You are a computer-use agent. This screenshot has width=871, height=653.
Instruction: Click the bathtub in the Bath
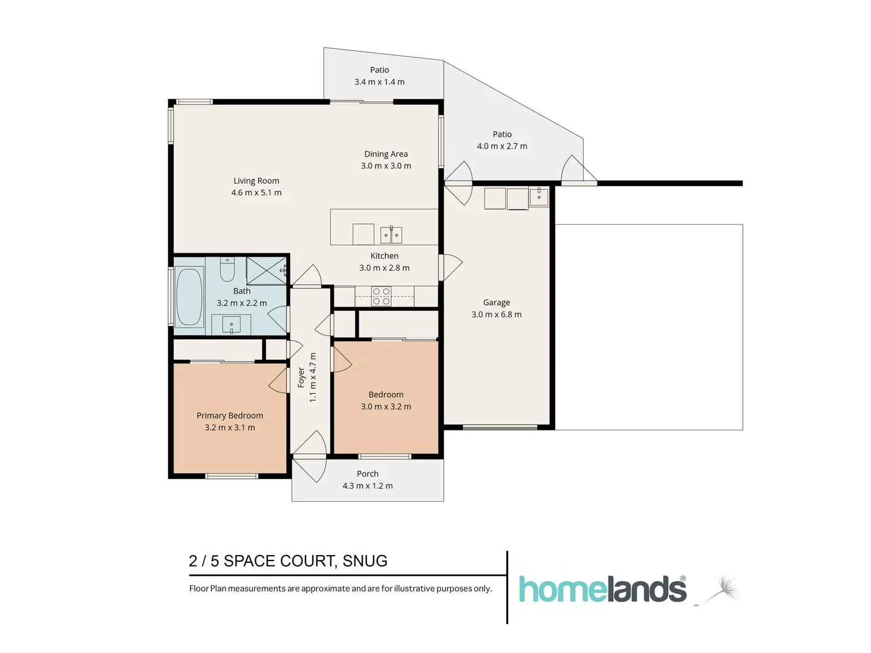click(189, 296)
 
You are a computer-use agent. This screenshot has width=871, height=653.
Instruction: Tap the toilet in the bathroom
click(227, 270)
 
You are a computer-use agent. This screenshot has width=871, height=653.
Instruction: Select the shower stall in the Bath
click(267, 270)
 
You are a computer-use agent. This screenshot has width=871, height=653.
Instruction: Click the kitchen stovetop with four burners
click(381, 296)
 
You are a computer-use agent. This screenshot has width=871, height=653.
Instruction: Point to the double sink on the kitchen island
click(391, 235)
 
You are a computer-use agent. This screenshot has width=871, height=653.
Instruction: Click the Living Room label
click(256, 181)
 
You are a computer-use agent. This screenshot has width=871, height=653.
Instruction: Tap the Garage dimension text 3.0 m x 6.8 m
click(496, 314)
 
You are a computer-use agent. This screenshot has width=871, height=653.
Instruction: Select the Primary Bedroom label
click(230, 415)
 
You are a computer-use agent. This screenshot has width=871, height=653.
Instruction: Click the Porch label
click(367, 474)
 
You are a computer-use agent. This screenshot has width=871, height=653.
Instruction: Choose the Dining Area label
click(386, 154)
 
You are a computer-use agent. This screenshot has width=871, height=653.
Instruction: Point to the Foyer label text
click(301, 377)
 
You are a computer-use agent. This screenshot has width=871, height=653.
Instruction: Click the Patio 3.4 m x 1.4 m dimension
click(379, 82)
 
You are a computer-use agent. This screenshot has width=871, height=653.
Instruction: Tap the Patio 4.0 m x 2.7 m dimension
click(502, 146)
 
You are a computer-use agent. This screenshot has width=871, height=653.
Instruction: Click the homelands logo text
click(602, 590)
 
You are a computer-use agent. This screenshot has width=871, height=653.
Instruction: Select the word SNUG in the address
click(365, 561)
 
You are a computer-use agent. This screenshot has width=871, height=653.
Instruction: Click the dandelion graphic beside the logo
click(722, 590)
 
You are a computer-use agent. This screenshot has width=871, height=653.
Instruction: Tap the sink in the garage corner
click(539, 197)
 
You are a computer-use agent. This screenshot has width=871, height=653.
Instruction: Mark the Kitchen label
click(384, 256)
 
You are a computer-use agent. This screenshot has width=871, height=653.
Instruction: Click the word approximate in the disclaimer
click(325, 589)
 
